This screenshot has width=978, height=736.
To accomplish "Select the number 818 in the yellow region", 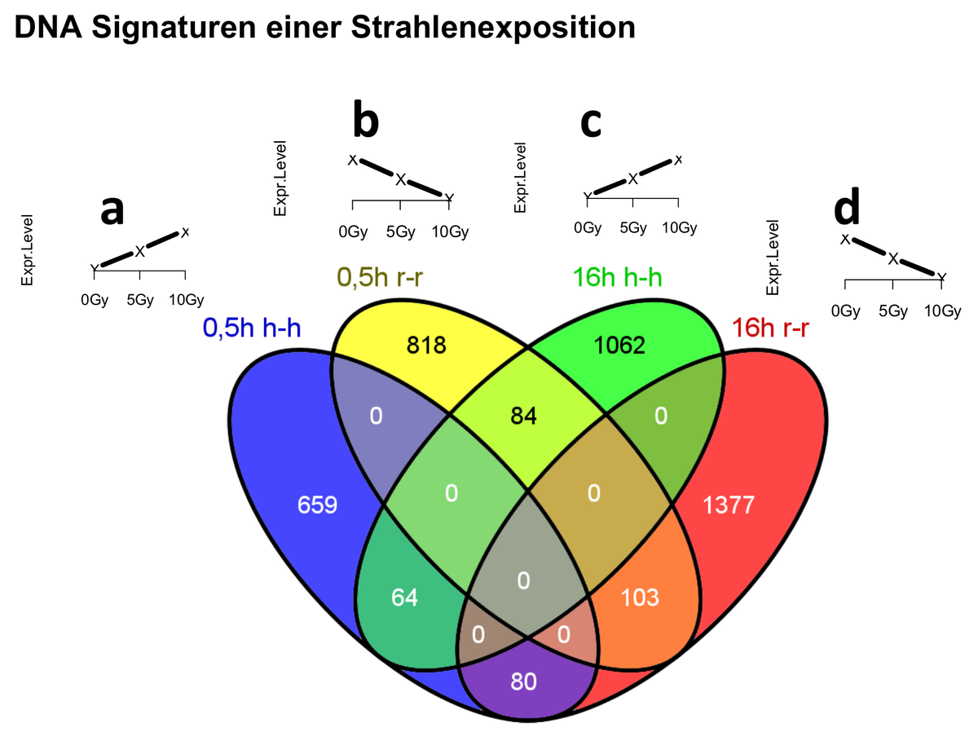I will (x=427, y=346).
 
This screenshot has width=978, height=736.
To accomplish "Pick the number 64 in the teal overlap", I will (x=404, y=597).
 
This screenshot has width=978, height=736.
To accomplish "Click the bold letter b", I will (x=366, y=121).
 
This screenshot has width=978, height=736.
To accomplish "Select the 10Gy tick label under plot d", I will (x=942, y=311).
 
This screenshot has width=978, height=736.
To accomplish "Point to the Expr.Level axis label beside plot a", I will (x=28, y=249).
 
